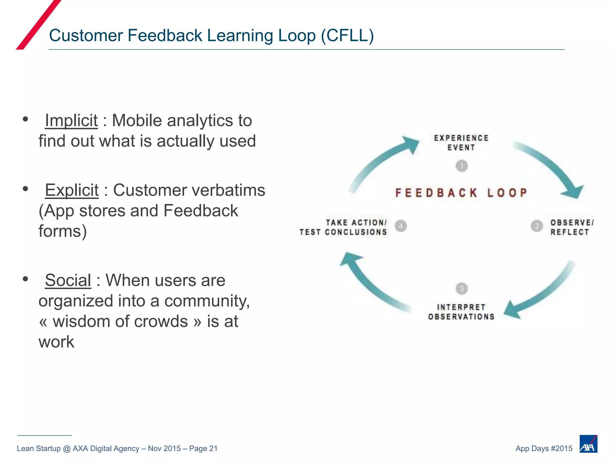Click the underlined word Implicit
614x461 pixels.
click(71, 121)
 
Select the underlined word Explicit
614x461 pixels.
click(72, 190)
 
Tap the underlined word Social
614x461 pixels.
click(68, 280)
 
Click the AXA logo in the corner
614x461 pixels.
click(588, 444)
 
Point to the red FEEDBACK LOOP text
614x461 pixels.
click(461, 193)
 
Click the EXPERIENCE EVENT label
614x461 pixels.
click(461, 143)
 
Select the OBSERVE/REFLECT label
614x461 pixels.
click(571, 227)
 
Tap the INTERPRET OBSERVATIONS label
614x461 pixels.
click(461, 312)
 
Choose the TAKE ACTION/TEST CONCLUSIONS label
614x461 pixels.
click(344, 227)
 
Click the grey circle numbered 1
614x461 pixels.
click(462, 166)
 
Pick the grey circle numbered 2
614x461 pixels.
click(537, 226)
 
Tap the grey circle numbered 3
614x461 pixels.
click(462, 288)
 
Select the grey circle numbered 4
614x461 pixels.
click(401, 226)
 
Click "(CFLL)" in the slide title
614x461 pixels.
click(347, 35)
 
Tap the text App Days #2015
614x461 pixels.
click(544, 448)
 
